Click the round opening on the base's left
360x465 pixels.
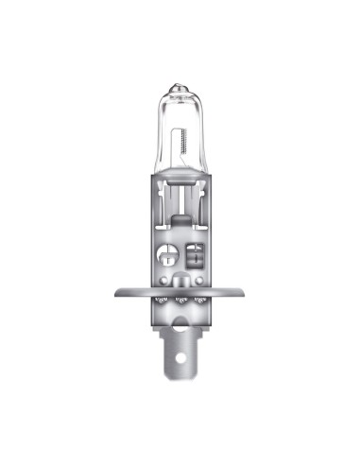tap(165, 254)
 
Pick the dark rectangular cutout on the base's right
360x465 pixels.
tap(196, 254)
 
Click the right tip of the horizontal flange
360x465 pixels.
tap(247, 291)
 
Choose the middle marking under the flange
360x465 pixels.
tap(180, 301)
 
